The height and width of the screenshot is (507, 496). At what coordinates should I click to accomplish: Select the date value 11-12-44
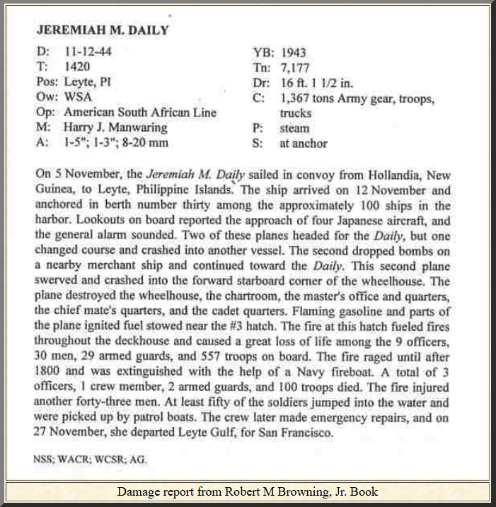88,52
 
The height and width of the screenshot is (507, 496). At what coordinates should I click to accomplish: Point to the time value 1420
76,66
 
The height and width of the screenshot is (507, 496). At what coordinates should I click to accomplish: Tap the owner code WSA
78,97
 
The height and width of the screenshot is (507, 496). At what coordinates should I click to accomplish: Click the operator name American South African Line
140,112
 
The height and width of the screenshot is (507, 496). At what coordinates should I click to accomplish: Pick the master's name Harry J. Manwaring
115,127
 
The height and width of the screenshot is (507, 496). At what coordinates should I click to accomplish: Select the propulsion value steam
294,128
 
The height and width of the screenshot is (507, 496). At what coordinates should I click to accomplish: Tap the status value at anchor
304,144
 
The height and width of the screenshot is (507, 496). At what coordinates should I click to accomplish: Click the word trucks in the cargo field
296,112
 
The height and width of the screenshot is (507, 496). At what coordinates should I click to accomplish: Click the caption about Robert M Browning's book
248,491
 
